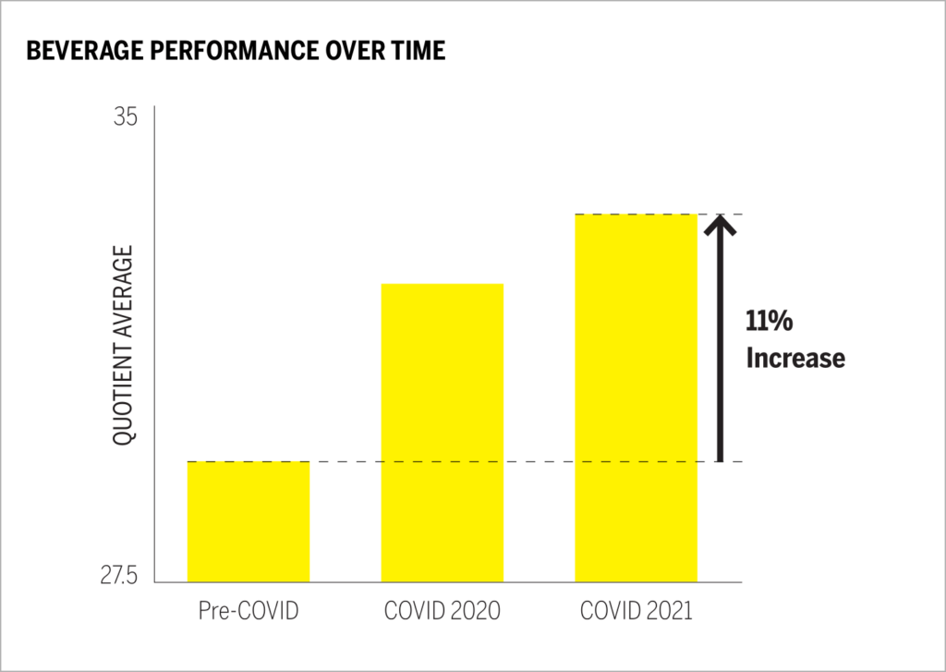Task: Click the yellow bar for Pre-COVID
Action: point(249,521)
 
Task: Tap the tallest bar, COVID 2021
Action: point(637,397)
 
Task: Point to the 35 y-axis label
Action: point(126,117)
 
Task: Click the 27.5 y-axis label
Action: point(117,576)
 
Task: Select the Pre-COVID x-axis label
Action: point(249,612)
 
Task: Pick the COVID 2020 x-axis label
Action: point(443,612)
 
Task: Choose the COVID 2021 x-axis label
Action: point(637,612)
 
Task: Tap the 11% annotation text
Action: point(770,322)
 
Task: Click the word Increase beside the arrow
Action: point(795,358)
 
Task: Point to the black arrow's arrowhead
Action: point(720,223)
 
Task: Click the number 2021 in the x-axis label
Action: point(667,612)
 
